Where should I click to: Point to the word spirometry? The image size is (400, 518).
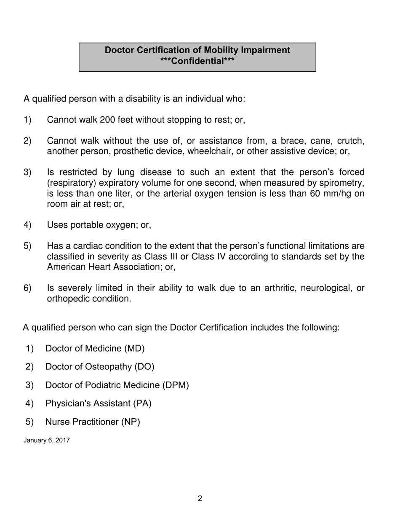coord(342,183)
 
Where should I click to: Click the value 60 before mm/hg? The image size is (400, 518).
coord(315,194)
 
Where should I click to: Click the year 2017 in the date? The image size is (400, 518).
coord(62,441)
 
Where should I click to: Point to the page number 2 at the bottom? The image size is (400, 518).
coord(200,499)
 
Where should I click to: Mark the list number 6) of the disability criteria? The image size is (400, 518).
coord(27,288)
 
